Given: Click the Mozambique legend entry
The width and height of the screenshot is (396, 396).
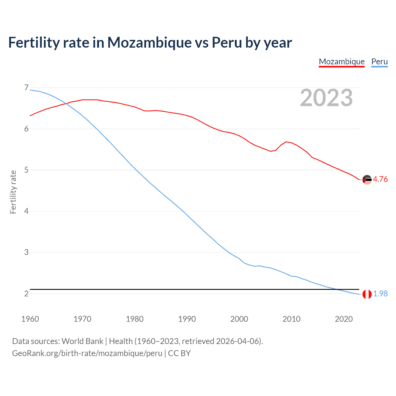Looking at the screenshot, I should click(x=342, y=62).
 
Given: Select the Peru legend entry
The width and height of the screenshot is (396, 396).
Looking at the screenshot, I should click(x=379, y=62).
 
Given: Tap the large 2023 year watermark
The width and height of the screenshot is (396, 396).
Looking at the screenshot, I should click(x=326, y=98).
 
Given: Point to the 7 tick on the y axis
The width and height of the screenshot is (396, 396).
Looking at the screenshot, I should click(x=26, y=88).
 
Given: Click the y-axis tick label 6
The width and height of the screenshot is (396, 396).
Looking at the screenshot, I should click(x=26, y=129).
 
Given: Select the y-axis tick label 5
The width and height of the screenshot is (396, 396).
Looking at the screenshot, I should click(x=26, y=170).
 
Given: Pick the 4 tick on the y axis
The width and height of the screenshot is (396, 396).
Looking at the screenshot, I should click(x=26, y=211).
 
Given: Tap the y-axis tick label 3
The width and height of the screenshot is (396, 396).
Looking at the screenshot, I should click(x=26, y=252).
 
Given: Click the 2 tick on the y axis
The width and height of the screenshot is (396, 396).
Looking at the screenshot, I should click(x=26, y=294).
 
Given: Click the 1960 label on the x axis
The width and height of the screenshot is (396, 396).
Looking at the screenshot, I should click(x=30, y=319).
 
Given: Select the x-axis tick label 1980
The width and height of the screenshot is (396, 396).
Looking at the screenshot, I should click(x=135, y=319).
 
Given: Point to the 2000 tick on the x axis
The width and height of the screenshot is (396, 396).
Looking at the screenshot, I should click(x=239, y=319).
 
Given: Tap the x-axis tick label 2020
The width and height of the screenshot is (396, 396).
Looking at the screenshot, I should click(x=344, y=319).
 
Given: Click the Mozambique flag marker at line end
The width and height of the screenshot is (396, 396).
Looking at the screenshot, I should click(x=367, y=180).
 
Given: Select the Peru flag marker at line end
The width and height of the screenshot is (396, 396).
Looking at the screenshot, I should click(x=367, y=294).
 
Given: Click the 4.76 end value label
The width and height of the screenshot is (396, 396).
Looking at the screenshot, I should click(x=380, y=179).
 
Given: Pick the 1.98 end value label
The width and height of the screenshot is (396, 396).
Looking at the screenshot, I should click(x=380, y=294).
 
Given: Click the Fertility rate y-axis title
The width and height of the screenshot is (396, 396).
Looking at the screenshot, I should click(x=13, y=192).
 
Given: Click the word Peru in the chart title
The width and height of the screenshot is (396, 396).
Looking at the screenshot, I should click(x=226, y=42).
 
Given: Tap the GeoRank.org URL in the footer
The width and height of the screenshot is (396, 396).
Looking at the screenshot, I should click(x=87, y=353).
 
